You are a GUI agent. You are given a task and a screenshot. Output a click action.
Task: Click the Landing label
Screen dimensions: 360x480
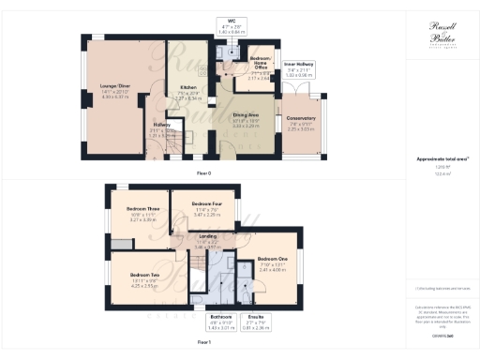click(x=219, y=236)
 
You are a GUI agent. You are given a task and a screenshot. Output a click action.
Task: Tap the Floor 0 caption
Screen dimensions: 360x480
click(x=204, y=173)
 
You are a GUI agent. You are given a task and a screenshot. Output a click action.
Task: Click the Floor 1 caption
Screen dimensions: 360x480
click(x=204, y=343)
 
